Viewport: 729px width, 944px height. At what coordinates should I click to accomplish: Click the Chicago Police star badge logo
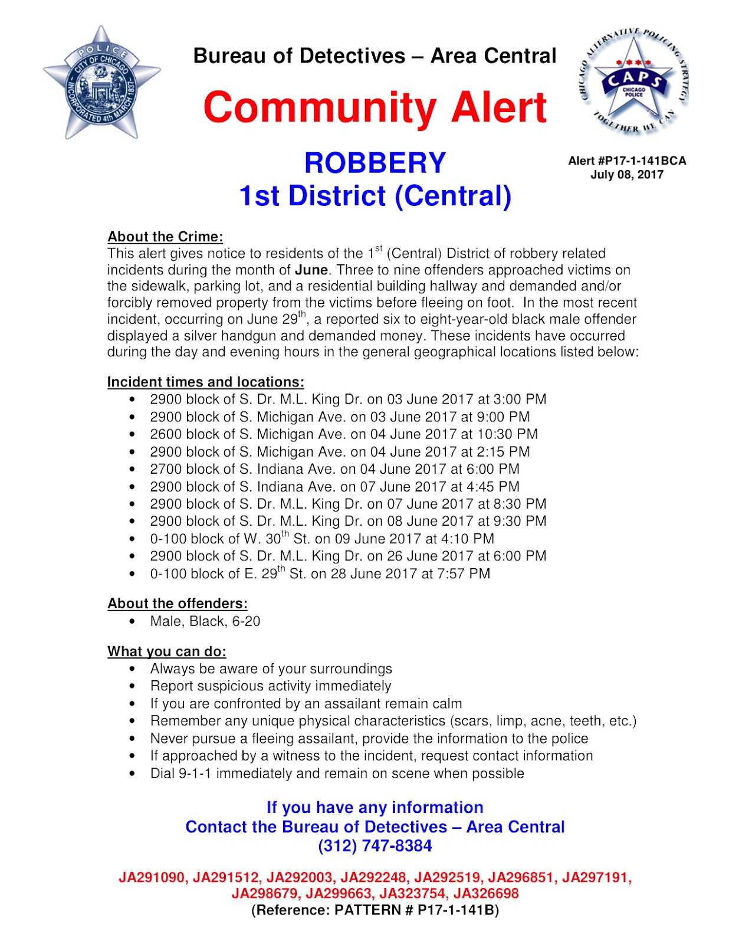[101, 83]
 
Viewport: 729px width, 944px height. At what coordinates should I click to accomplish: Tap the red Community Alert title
[375, 107]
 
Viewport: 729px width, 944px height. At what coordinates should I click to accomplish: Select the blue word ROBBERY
[375, 163]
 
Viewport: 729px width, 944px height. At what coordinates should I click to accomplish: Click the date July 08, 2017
[627, 175]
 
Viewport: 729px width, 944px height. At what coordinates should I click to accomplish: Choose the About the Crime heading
[165, 237]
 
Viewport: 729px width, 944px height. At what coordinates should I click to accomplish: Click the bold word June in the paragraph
[311, 270]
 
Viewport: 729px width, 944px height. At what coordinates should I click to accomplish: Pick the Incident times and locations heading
[206, 382]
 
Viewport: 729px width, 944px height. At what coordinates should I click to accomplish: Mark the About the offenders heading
[178, 604]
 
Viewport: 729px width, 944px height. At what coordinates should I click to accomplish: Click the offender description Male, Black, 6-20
[205, 621]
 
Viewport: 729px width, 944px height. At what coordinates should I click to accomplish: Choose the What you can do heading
[167, 651]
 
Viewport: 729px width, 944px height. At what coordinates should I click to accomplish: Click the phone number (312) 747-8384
[375, 846]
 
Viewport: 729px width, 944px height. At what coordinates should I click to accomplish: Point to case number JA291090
[152, 877]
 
